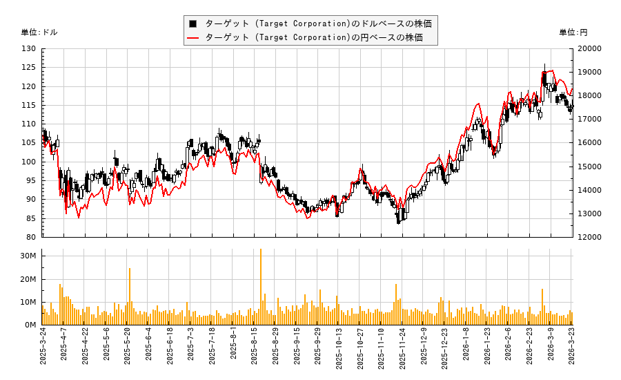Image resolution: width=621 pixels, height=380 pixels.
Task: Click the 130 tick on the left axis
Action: click(29, 49)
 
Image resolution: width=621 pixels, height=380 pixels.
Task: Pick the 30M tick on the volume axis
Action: click(28, 256)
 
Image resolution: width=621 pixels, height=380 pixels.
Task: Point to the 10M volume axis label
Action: click(28, 302)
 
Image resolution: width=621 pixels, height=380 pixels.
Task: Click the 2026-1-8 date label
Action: click(466, 350)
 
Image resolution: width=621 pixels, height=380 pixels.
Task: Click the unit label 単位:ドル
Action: click(40, 32)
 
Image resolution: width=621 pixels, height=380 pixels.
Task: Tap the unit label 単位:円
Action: click(573, 32)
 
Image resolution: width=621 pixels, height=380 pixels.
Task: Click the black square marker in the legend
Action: click(193, 23)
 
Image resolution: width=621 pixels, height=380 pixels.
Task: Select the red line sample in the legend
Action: click(193, 38)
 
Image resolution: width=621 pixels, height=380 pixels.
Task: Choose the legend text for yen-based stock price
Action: click(314, 38)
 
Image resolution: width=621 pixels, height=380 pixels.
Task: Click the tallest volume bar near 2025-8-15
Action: click(261, 287)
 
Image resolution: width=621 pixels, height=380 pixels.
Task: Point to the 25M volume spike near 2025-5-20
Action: click(130, 296)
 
